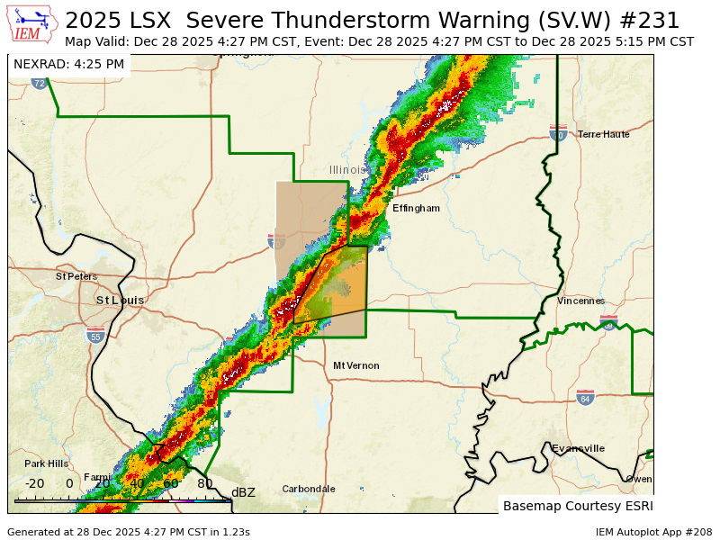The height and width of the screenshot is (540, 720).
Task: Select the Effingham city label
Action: pos(416,208)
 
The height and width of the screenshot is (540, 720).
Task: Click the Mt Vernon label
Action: pos(355,365)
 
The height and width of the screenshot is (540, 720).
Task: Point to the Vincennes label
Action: pos(580,301)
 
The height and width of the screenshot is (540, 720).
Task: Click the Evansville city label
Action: pos(578,448)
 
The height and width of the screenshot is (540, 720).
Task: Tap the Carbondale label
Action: pos(309,489)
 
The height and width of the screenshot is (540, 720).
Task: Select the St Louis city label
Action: pos(120,300)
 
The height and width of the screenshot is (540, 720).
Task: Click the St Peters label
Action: pos(76,276)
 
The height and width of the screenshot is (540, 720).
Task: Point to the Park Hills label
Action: pos(46,463)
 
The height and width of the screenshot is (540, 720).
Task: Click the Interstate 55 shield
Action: pos(95,337)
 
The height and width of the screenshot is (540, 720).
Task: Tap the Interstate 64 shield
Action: pos(585,397)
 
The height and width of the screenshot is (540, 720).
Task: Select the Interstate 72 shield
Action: pos(39,83)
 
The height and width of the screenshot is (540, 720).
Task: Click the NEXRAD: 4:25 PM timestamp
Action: pos(68,64)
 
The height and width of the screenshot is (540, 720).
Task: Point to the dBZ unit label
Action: pos(243,492)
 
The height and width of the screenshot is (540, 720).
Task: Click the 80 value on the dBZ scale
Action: pos(205,483)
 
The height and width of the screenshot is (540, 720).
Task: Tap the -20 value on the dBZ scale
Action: pos(34,483)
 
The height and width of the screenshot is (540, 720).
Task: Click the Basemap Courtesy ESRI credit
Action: pos(577,506)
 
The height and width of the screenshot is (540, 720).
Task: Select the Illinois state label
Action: pos(346,170)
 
